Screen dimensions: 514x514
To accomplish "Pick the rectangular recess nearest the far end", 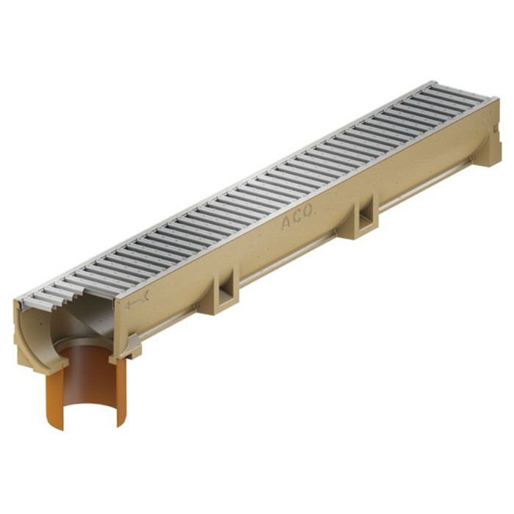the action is (x=366, y=217).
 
